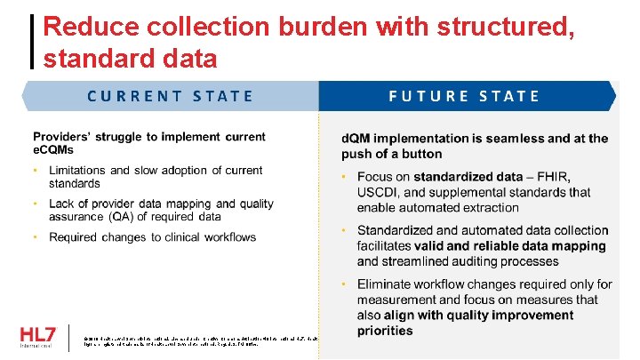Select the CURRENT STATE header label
[x=170, y=96]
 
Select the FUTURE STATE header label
[x=464, y=96]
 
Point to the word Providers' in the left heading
[x=66, y=137]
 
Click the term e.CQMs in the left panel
[x=53, y=150]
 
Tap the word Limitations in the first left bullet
[x=78, y=170]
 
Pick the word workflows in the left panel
[x=227, y=237]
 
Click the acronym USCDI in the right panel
[x=380, y=192]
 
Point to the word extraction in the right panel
[x=487, y=207]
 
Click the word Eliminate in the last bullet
[x=387, y=284]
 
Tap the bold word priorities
[x=385, y=331]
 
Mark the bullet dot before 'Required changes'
[x=36, y=237]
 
